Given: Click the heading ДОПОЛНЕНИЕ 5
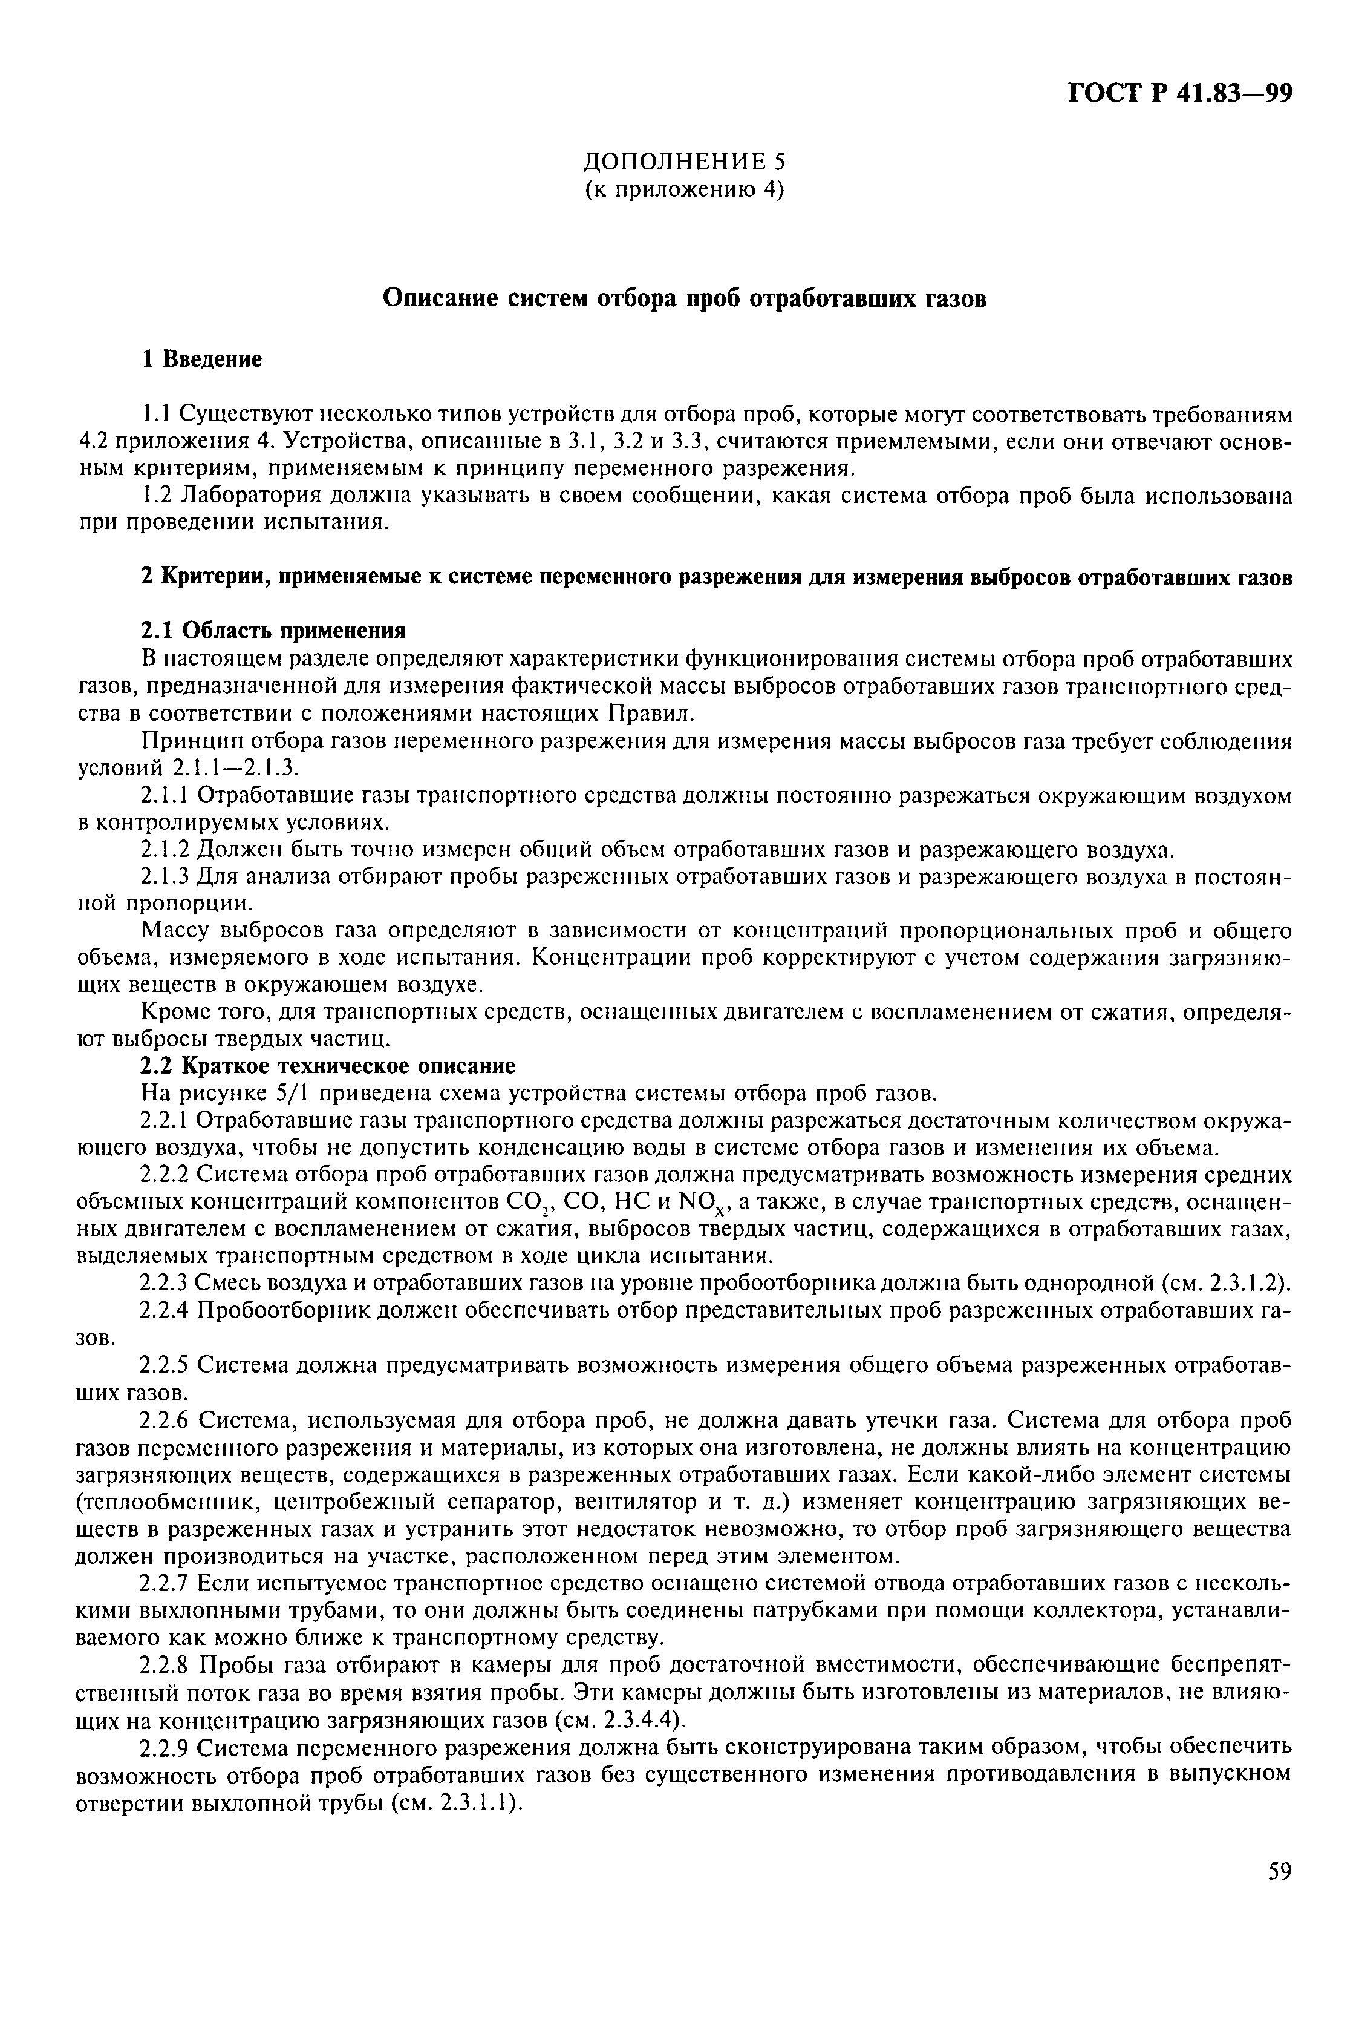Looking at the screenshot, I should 684,161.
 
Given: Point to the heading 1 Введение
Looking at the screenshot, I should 201,359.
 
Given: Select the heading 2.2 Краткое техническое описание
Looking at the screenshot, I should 328,1065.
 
